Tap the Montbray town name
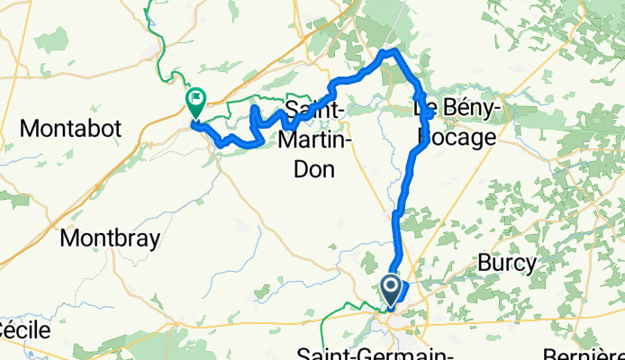(x=109, y=239)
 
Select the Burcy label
(x=507, y=264)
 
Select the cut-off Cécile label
(x=16, y=329)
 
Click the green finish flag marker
(x=194, y=99)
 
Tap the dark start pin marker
(x=392, y=289)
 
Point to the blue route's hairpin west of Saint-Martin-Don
(x=255, y=112)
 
